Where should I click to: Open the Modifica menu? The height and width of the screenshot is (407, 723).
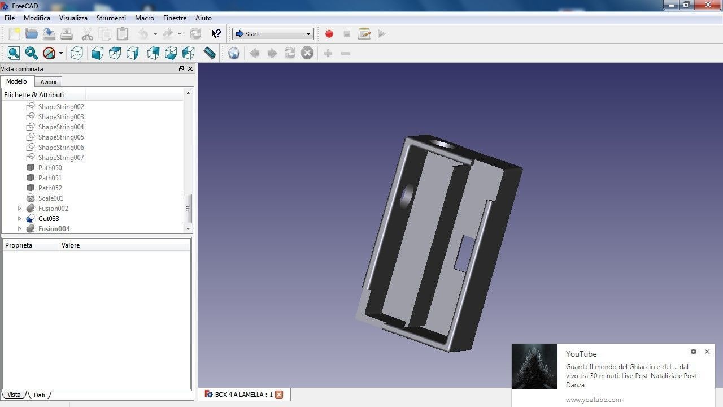coord(37,18)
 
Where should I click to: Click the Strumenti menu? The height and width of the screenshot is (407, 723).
coord(111,18)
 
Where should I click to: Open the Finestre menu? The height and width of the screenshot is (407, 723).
coord(175,18)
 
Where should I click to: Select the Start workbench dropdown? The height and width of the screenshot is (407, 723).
coord(273,34)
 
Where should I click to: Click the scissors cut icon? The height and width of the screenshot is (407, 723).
coord(87,34)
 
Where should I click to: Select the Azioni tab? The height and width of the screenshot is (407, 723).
coord(48,82)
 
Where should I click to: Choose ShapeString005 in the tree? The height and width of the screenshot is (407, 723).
coord(61,137)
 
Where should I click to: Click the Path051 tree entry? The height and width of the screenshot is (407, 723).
coord(50,178)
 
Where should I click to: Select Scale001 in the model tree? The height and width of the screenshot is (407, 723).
coord(51,198)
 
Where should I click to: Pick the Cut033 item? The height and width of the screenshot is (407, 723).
coord(49,219)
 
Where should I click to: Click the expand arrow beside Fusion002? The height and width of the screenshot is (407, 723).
coord(19,209)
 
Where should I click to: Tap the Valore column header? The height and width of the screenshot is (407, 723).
coord(71,245)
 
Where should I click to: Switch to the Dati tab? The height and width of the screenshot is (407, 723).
coord(39,395)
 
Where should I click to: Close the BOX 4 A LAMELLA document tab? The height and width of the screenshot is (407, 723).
coord(278,395)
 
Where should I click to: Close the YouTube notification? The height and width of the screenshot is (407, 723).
coord(707,352)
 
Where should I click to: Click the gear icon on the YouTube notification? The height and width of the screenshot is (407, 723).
coord(694,352)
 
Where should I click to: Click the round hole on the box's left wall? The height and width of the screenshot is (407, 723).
coord(406,196)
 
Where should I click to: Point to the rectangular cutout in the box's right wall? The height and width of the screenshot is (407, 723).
coord(465,252)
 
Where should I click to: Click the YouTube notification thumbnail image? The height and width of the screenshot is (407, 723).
coord(534,366)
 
